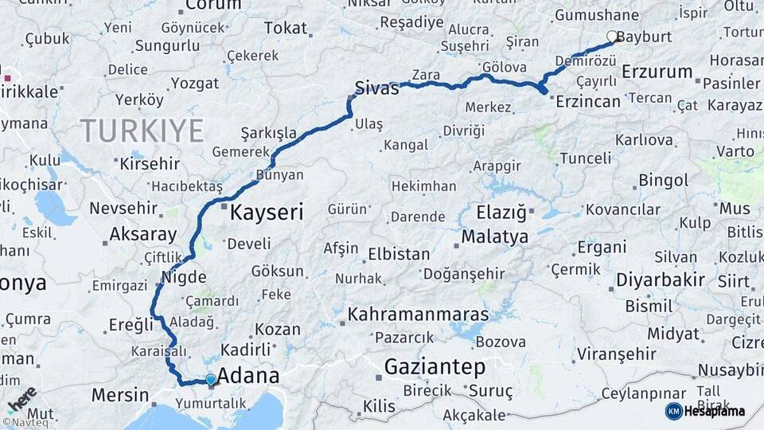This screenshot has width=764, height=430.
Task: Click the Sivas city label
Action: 376,88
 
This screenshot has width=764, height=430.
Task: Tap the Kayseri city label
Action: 267,213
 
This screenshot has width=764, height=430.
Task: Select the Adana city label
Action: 248,375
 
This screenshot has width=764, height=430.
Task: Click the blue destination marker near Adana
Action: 210,380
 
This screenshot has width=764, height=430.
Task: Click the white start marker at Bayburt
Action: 612,36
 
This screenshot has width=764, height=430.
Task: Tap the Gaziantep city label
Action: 435,367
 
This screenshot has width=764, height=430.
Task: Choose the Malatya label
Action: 494,236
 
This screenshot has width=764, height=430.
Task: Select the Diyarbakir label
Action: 660,279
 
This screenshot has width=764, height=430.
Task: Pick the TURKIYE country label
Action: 142,130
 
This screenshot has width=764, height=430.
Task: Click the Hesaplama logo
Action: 705,411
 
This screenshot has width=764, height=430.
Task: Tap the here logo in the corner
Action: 21,399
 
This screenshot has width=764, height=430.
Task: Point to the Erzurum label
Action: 657,72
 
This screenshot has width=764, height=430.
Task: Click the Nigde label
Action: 184,277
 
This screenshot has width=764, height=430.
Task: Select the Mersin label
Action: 120,394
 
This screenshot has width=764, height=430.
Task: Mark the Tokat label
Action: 285,28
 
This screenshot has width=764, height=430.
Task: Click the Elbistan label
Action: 399,255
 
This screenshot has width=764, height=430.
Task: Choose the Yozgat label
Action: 194,83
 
